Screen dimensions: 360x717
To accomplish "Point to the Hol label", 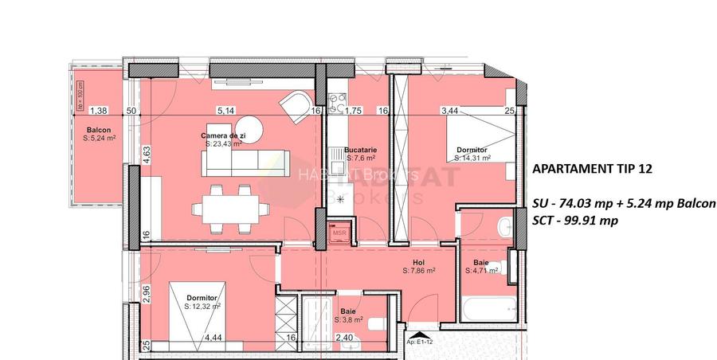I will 418,262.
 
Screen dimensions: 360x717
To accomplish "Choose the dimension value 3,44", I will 450,111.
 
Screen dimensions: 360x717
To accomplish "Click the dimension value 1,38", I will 98,111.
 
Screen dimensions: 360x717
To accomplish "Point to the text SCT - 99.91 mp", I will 574,221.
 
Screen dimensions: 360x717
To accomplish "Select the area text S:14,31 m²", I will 472,158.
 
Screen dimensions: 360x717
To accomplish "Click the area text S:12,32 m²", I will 202,305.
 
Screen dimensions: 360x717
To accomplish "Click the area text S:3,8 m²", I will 348,320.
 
